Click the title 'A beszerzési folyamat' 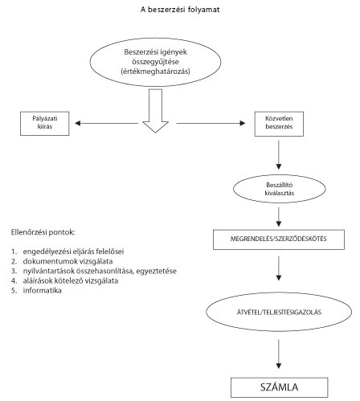tap(180, 10)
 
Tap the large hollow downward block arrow tap(155, 111)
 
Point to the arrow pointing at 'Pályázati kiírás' tap(106, 123)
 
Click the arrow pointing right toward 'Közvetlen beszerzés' tap(211, 123)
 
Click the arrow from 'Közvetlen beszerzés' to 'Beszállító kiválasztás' tap(279, 155)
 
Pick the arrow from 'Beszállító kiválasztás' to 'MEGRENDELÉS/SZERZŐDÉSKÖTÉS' tap(279, 217)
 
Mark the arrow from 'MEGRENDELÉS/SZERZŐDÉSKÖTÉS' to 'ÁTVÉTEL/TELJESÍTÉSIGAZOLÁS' tap(279, 268)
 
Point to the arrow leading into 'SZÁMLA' tap(279, 354)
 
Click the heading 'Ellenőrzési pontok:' tap(43, 232)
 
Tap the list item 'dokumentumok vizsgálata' tap(67, 261)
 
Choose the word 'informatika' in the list tap(43, 290)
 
